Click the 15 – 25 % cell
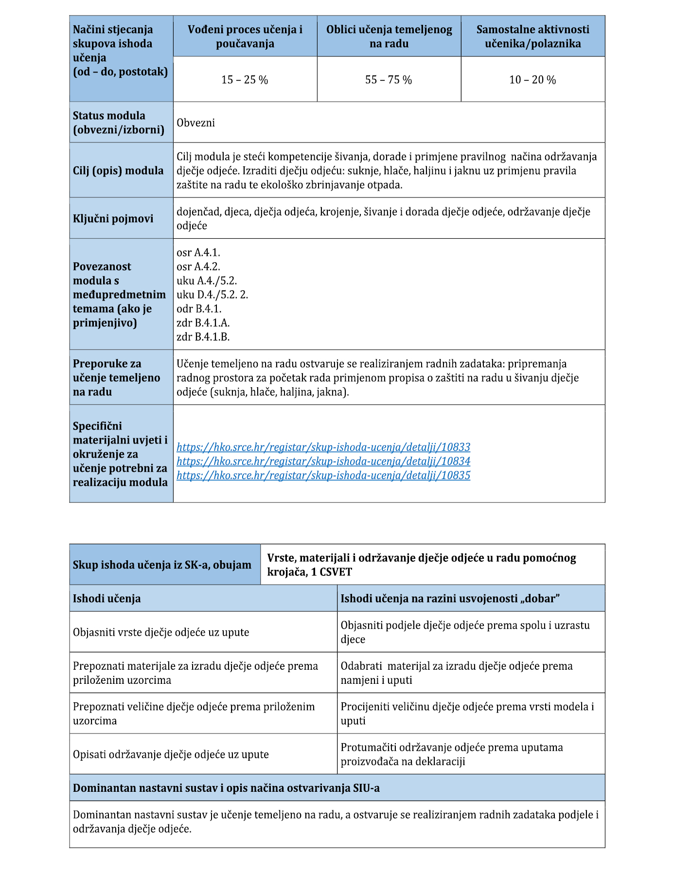(x=245, y=80)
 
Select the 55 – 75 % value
(x=389, y=80)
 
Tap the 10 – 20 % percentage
(x=532, y=80)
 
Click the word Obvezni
(x=196, y=123)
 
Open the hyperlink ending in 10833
(x=323, y=447)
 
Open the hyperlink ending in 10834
(x=323, y=461)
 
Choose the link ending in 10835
(x=323, y=475)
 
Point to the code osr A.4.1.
(x=198, y=252)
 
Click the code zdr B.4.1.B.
(x=203, y=337)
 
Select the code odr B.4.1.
(x=199, y=308)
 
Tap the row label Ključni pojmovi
(x=113, y=219)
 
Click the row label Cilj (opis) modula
(x=118, y=171)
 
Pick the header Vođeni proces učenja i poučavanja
(x=245, y=36)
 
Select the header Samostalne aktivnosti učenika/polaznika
(x=533, y=36)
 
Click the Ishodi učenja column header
(x=107, y=598)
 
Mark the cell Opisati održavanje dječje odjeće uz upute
(x=171, y=754)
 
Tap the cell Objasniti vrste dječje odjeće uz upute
(x=161, y=632)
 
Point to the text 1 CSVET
(x=332, y=571)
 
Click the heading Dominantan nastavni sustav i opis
(x=226, y=788)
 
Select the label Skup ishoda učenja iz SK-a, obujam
(x=162, y=565)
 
